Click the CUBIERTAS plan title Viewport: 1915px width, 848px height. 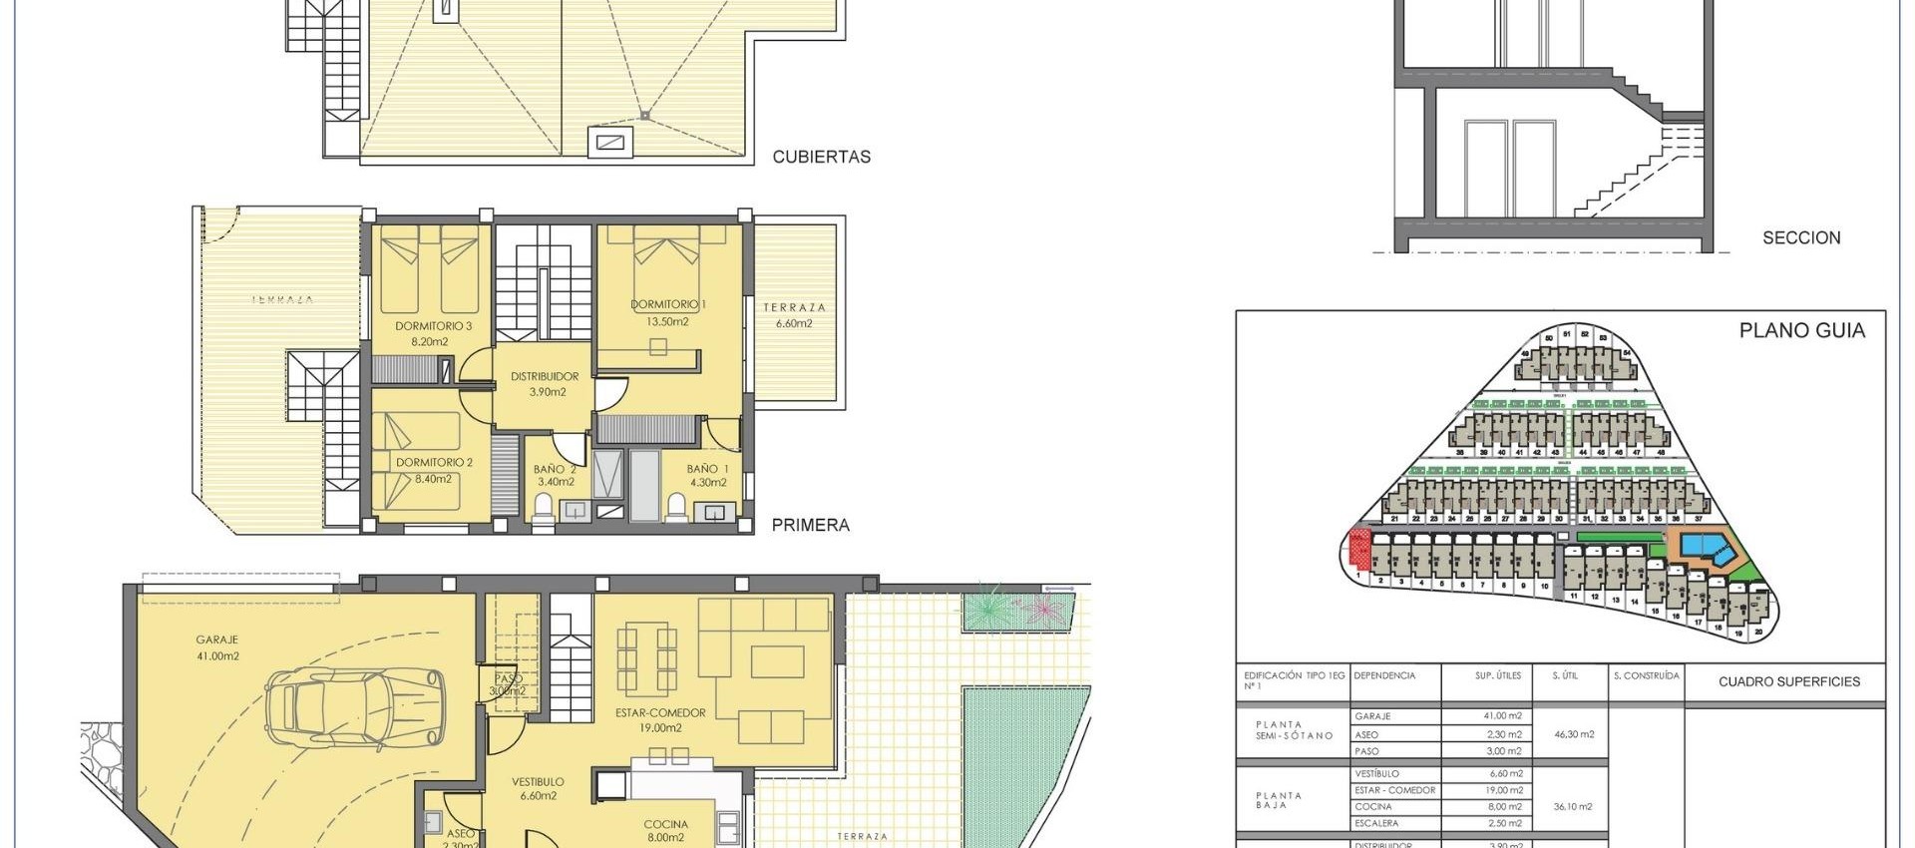click(821, 157)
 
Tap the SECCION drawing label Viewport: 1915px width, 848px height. click(1801, 237)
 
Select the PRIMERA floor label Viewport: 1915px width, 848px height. click(810, 525)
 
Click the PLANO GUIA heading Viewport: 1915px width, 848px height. click(1801, 330)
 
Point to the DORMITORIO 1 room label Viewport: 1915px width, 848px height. click(667, 312)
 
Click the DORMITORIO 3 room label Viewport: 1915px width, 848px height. click(433, 333)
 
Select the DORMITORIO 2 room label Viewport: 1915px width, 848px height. click(434, 470)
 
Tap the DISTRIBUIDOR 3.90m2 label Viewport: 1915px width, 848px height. click(545, 384)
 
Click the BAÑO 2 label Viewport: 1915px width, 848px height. click(555, 475)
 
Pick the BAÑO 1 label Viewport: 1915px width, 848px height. click(707, 475)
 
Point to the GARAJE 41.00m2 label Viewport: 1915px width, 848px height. click(217, 647)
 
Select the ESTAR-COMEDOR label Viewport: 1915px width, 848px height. click(660, 720)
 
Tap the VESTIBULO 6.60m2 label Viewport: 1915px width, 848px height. click(538, 788)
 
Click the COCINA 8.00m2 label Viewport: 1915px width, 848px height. click(665, 830)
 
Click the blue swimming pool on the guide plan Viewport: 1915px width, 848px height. click(1707, 546)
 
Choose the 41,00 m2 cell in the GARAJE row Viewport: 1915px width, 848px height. click(1503, 716)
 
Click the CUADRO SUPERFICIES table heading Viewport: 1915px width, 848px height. click(1788, 682)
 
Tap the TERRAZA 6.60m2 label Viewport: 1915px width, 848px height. click(794, 315)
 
